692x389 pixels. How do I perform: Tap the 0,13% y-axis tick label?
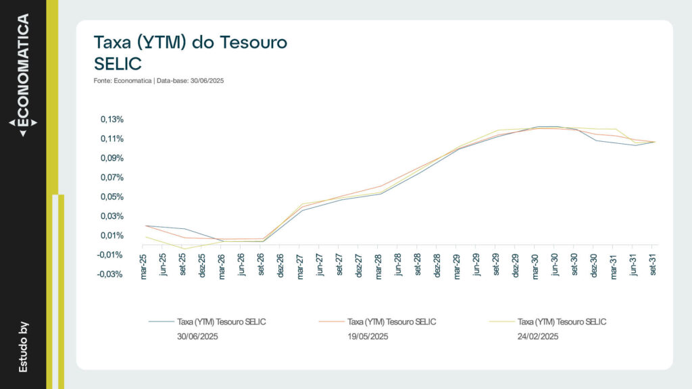point(112,120)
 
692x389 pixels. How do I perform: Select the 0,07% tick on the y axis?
point(112,178)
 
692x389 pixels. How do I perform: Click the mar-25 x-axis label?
point(143,267)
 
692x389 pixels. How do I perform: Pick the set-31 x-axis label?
point(653,267)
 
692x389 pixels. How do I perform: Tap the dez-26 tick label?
point(280,267)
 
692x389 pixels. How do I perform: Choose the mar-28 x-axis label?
point(379,267)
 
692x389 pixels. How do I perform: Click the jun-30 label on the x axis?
point(555,267)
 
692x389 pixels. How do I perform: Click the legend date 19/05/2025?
point(368,336)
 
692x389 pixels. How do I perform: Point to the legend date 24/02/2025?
point(538,336)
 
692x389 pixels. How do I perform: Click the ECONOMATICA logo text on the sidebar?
point(23,71)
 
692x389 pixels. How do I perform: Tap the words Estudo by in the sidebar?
point(24,346)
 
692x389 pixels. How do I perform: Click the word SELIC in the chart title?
point(118,63)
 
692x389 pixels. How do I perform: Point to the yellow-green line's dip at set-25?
point(182,249)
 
